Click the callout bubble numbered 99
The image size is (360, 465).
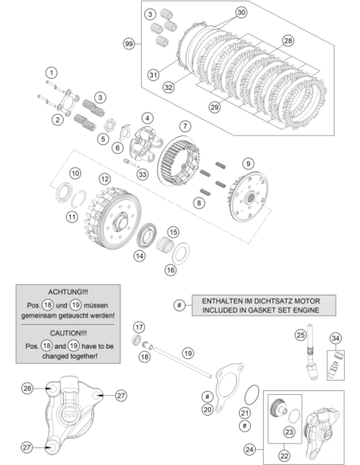129,44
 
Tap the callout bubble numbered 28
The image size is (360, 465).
288,41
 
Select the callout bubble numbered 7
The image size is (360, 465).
185,126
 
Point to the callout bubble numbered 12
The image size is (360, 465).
104,179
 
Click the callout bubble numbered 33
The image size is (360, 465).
143,174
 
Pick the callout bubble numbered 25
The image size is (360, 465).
300,335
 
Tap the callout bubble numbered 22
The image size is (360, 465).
284,455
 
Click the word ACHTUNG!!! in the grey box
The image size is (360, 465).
68,292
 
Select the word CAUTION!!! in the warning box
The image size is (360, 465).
68,334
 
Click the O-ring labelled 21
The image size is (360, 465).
252,394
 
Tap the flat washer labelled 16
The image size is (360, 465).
181,253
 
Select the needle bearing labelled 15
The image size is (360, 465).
165,245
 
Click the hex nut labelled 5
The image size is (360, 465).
109,123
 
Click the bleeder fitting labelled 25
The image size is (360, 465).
311,352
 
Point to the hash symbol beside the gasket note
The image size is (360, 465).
179,305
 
